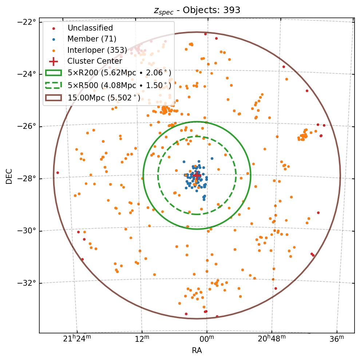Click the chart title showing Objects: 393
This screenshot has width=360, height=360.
click(197, 10)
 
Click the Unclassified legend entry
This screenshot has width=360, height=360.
click(90, 28)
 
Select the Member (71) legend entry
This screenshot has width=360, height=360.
click(92, 39)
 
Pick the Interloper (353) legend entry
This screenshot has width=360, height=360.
click(97, 50)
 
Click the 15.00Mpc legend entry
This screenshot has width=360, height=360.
click(104, 98)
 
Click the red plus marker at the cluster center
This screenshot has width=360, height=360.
click(197, 175)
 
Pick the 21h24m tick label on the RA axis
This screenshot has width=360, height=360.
click(77, 339)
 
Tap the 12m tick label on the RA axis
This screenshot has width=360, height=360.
click(142, 339)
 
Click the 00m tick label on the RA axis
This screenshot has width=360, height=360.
click(207, 339)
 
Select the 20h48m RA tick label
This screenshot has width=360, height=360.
click(272, 339)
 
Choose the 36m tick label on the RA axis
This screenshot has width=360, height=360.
click(336, 339)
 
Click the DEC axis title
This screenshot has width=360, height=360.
click(9, 176)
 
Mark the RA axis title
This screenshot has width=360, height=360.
click(197, 351)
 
